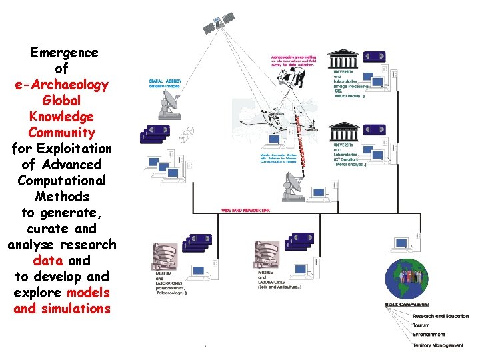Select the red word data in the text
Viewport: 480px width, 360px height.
[x=47, y=261]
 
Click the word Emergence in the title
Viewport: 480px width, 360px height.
[x=64, y=53]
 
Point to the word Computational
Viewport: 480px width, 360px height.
[x=63, y=181]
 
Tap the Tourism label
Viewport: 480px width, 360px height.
[x=421, y=325]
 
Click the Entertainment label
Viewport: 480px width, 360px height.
[x=428, y=335]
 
